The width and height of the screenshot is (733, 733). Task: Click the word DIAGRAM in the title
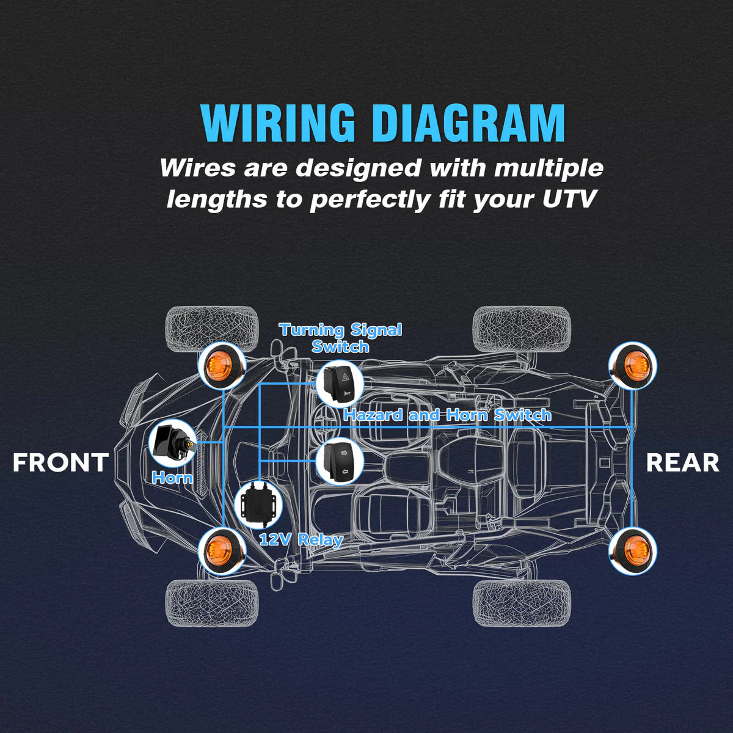point(469,123)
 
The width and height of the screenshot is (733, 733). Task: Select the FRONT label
point(60,462)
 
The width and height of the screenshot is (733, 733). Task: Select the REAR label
point(682,462)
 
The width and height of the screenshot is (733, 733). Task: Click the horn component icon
point(172,443)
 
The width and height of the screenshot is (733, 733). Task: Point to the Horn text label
point(172,478)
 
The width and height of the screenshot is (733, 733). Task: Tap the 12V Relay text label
point(301,539)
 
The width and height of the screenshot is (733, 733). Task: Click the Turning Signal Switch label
point(340,338)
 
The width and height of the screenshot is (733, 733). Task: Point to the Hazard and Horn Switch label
point(447,415)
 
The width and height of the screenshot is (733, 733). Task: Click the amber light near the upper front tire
point(221,365)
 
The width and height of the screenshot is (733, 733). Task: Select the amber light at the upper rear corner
point(633,365)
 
